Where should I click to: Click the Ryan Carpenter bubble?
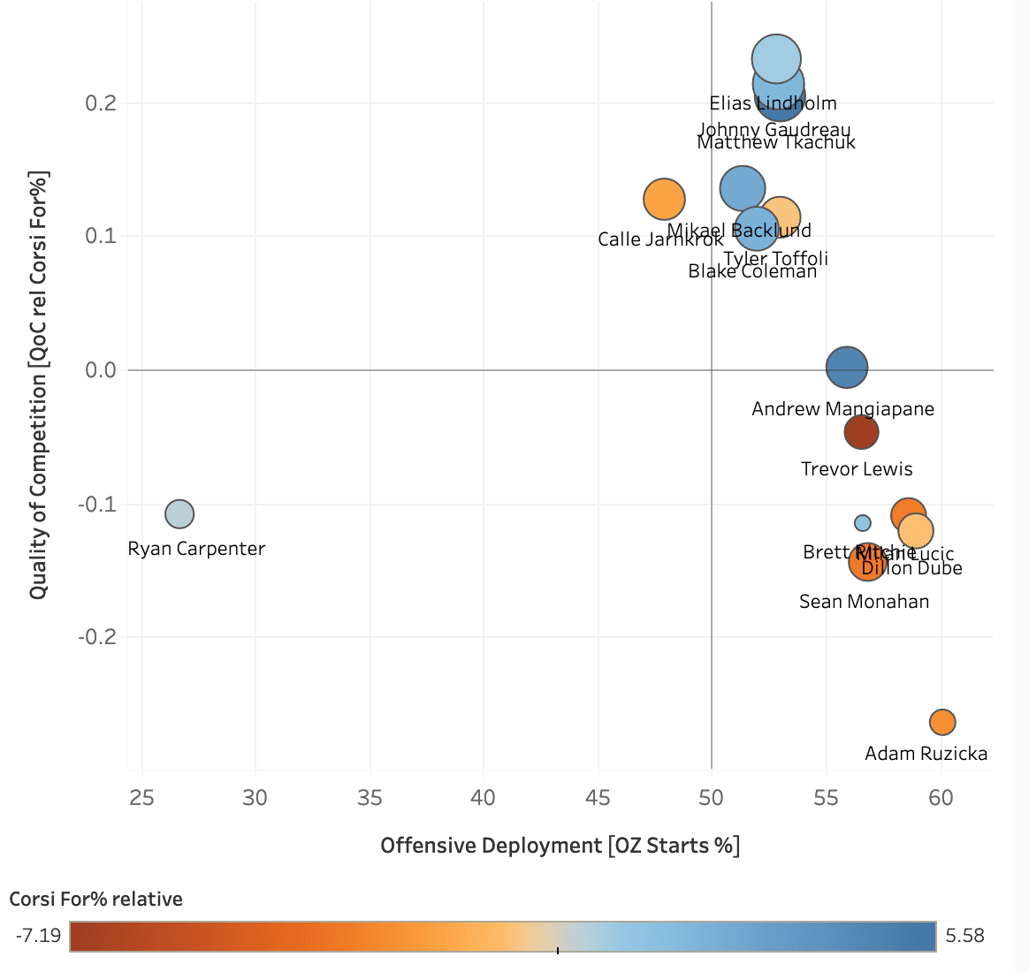(179, 513)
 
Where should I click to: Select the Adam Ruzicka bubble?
(942, 722)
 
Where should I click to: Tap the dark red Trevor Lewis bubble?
(861, 432)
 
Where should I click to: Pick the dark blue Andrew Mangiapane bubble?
(847, 367)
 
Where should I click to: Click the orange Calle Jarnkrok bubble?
(664, 199)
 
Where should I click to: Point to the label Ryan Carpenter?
(196, 549)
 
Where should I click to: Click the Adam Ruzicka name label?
(926, 754)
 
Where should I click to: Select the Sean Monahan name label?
(864, 602)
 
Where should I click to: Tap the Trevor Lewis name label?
(857, 469)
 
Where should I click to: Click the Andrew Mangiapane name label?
(842, 409)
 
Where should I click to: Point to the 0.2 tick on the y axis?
(101, 103)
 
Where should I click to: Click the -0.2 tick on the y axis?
(97, 637)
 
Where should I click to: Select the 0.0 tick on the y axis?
(101, 370)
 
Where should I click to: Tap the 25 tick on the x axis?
(141, 798)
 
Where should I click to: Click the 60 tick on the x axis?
(941, 798)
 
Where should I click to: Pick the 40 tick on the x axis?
(484, 798)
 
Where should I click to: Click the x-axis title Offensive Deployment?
(560, 846)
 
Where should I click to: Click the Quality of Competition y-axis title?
(38, 384)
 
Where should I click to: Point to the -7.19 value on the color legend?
(38, 935)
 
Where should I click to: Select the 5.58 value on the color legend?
(964, 935)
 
